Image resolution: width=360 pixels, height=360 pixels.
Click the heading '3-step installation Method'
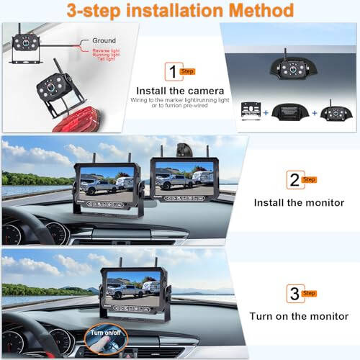tap(180, 11)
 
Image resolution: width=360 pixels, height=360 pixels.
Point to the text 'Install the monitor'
tap(300, 202)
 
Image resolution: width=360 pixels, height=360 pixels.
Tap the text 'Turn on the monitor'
tap(300, 316)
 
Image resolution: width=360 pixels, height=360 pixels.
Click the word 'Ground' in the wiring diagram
tap(104, 42)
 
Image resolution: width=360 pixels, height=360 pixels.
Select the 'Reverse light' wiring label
tap(107, 51)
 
